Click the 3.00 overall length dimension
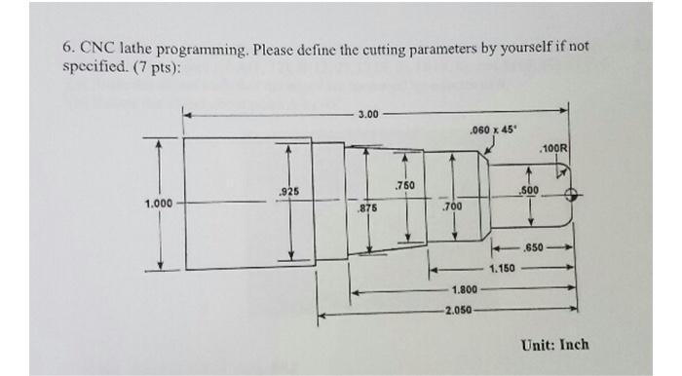coord(367,115)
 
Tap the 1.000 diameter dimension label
coord(158,204)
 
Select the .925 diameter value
coord(289,193)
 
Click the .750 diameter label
coord(405,185)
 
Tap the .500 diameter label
coord(530,191)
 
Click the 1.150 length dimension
coord(503,268)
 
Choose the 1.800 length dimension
coord(465,290)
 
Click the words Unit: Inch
coord(555,345)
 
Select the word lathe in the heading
coord(133,47)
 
